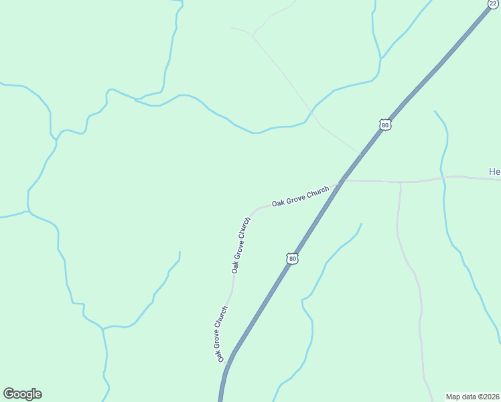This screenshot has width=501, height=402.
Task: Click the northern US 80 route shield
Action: pos(384,125)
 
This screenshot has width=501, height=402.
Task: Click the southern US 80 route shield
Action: pos(291,258)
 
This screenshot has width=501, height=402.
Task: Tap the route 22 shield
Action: pos(493,3)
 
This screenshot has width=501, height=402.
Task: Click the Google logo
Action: pos(22,394)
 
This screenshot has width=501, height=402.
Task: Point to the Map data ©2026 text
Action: pos(473,397)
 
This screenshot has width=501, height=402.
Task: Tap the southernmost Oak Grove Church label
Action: pos(222,334)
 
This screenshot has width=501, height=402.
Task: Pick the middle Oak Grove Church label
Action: pos(240,245)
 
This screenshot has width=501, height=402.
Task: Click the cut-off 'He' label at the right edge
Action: pos(494,172)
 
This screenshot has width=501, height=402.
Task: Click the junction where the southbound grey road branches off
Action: pos(401,182)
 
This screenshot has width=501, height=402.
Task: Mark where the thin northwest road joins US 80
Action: pos(360,153)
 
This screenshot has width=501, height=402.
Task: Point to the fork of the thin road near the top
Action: pos(251,33)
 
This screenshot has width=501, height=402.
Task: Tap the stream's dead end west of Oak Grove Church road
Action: pos(180,252)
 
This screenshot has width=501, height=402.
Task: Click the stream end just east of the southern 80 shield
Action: pos(362,224)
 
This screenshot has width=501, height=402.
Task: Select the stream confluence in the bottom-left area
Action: pos(102,329)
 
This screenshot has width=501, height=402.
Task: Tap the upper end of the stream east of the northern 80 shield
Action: pos(435,111)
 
